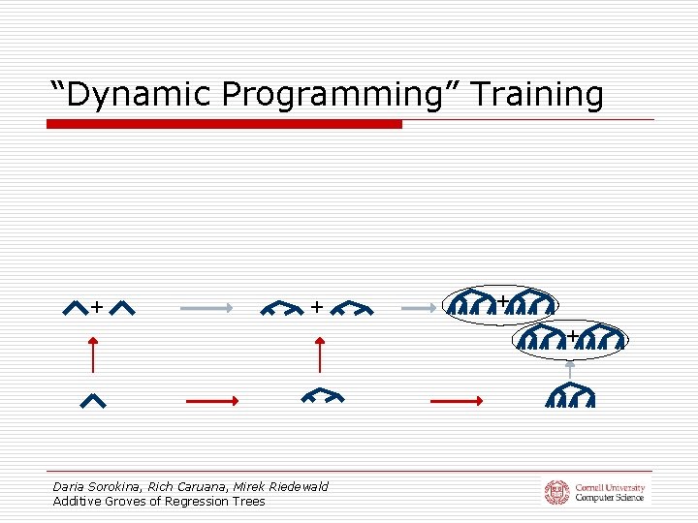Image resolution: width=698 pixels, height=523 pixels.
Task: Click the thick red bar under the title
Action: pyautogui.click(x=224, y=124)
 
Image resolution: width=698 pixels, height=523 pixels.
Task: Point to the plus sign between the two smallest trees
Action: pyautogui.click(x=97, y=307)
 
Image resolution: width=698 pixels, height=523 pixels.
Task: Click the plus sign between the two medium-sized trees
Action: pyautogui.click(x=317, y=307)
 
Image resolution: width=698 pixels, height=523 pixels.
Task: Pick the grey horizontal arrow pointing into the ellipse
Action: pyautogui.click(x=421, y=308)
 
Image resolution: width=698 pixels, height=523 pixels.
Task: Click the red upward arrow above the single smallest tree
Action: pyautogui.click(x=93, y=354)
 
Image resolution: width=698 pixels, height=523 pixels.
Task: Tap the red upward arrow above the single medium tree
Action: pyautogui.click(x=320, y=354)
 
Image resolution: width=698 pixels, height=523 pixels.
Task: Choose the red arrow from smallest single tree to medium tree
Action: pyautogui.click(x=211, y=399)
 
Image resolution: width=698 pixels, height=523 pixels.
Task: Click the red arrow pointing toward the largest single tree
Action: pyautogui.click(x=456, y=399)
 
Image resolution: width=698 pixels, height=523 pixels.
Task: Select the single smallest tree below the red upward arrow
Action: pyautogui.click(x=93, y=399)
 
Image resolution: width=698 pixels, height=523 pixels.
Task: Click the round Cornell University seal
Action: pyautogui.click(x=556, y=492)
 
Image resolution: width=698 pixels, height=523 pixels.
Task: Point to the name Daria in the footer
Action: pyautogui.click(x=69, y=486)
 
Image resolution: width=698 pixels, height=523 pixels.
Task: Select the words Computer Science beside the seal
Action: pyautogui.click(x=609, y=498)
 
